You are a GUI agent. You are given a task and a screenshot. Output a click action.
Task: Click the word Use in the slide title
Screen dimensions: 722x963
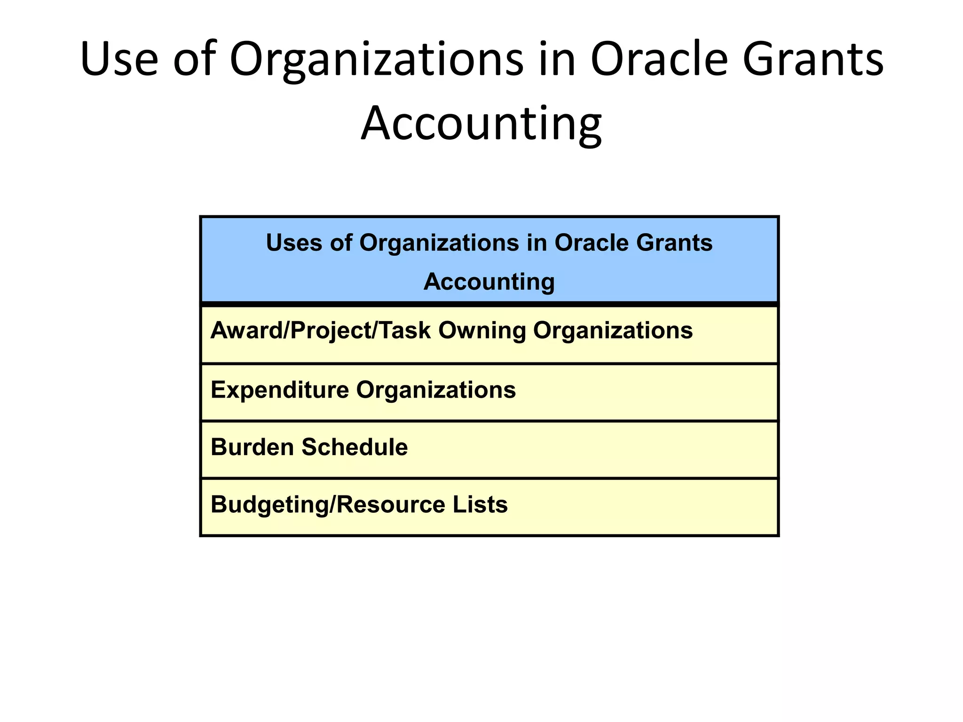click(119, 60)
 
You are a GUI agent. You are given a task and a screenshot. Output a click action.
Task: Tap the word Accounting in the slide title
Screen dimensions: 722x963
click(481, 124)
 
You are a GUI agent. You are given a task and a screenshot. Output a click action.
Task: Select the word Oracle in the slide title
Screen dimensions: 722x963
click(658, 60)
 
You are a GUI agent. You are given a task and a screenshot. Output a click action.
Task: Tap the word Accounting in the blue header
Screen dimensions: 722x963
click(489, 282)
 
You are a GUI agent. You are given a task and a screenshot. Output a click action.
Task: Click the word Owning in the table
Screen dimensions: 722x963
click(482, 330)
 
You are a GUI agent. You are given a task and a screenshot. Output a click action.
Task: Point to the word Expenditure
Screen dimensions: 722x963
click(280, 390)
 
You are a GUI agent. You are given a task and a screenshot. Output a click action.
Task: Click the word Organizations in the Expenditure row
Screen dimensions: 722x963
click(435, 390)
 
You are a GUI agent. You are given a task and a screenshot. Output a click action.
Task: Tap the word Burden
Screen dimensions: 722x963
click(253, 447)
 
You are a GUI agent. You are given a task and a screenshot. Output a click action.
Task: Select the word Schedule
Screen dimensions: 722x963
click(355, 447)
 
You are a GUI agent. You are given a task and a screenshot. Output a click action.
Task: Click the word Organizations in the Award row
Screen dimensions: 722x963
click(613, 330)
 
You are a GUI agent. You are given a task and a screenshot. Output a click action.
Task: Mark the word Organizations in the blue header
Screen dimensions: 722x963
click(439, 243)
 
